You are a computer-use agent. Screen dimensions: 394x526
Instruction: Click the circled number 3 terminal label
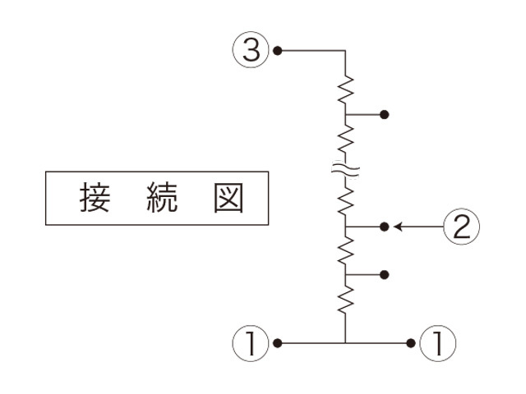tap(251, 51)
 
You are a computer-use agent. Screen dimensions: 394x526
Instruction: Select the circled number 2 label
tap(461, 226)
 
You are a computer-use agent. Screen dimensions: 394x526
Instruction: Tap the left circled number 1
tap(251, 342)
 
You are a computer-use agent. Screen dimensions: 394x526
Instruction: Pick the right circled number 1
tap(437, 342)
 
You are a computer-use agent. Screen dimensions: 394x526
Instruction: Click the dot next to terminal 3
tap(278, 51)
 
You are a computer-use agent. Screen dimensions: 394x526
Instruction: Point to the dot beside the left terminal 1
tap(278, 342)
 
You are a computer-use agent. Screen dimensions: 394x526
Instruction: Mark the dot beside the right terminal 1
tap(411, 342)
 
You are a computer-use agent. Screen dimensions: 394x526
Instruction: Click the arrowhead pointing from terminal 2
tap(398, 226)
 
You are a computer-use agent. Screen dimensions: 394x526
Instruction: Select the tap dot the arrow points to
tap(384, 226)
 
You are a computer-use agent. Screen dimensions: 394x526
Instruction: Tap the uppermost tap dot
tap(384, 114)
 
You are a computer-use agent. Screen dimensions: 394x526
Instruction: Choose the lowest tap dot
tap(384, 274)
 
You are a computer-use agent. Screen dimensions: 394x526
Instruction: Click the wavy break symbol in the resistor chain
tap(345, 171)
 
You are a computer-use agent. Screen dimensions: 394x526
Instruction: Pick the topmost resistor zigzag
tap(345, 89)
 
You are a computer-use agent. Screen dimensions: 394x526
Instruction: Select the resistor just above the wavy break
tap(345, 140)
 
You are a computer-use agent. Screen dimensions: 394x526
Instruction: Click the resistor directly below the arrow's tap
tap(345, 248)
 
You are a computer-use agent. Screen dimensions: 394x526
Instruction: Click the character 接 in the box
tap(95, 198)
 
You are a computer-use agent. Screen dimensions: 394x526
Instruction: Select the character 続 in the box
tap(159, 198)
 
